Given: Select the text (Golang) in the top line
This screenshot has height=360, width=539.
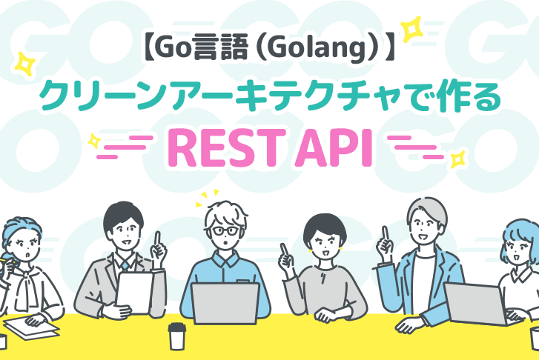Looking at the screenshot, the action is coord(317,49).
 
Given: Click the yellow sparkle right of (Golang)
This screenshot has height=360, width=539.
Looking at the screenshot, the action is coord(412,29).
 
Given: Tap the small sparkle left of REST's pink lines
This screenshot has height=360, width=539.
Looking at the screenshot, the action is coord(94,141).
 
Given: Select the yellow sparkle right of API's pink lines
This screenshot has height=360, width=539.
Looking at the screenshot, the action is coord(458,160).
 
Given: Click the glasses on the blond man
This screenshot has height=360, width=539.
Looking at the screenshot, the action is coord(225,231).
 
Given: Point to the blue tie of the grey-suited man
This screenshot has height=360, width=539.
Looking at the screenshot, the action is coord(125,265).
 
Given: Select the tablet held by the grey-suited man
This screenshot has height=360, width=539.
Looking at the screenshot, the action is coord(135,293).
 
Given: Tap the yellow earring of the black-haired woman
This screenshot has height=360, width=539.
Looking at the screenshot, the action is coord(311,251).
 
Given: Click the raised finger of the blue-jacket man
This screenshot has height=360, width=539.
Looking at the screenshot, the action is coord(386,233).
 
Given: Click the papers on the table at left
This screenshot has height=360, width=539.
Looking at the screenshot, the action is coord(31,327).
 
